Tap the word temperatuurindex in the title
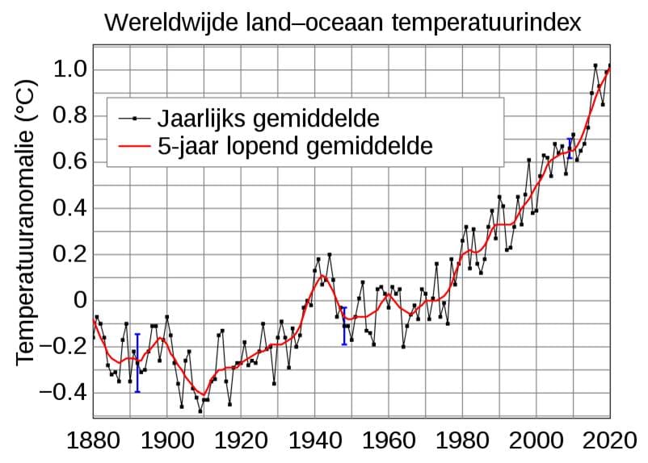(486, 23)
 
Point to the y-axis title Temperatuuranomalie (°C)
(25, 223)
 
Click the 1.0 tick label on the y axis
(70, 69)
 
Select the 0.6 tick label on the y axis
(70, 162)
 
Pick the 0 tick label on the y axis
(80, 300)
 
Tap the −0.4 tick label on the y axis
(63, 393)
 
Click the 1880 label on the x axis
(93, 440)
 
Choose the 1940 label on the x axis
(315, 440)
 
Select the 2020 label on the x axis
(610, 440)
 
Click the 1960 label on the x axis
(389, 440)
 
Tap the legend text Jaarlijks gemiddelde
(268, 119)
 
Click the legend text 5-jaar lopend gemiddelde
(295, 146)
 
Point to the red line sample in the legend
(134, 146)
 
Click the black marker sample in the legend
(134, 119)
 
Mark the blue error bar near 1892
(137, 363)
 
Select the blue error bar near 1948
(344, 326)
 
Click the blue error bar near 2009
(570, 148)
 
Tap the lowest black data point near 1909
(200, 411)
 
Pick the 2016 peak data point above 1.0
(595, 65)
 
